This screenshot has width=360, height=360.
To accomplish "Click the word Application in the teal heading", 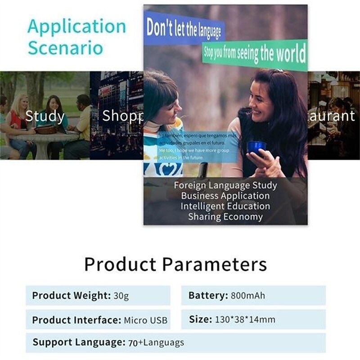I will click(x=76, y=27).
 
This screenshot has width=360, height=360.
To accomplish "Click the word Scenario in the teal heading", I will click(x=65, y=48).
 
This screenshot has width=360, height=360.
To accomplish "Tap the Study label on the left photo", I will click(x=45, y=116).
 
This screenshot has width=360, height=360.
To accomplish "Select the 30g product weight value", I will click(x=121, y=296).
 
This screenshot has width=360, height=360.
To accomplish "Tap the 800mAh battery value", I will click(x=247, y=296).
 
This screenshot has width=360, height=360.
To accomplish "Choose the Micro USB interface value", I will click(x=145, y=320).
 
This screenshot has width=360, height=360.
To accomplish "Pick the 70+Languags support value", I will click(x=156, y=342).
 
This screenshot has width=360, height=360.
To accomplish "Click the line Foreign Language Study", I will click(x=225, y=185).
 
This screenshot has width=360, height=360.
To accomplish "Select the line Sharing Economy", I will click(x=225, y=216).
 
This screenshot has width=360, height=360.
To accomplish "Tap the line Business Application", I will click(x=225, y=196).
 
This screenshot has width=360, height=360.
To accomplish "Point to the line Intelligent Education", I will click(x=225, y=206).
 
